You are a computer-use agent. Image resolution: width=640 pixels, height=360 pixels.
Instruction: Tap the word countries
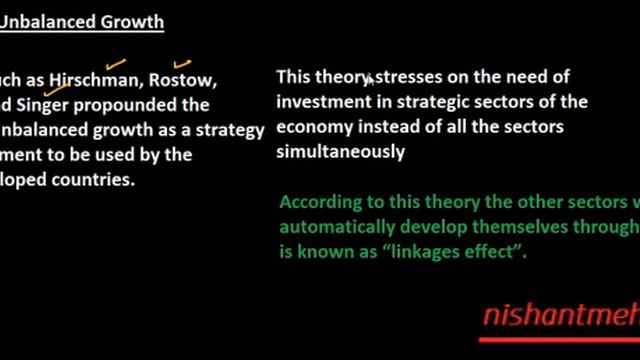pyautogui.click(x=97, y=181)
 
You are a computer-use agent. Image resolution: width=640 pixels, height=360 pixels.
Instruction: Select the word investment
pyautogui.click(x=319, y=102)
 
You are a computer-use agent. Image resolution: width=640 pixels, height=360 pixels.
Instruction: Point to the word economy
pyautogui.click(x=313, y=128)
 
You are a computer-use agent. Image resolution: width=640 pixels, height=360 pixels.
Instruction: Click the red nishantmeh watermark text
pyautogui.click(x=560, y=317)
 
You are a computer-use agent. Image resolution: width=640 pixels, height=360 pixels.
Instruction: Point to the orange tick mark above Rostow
pyautogui.click(x=183, y=64)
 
